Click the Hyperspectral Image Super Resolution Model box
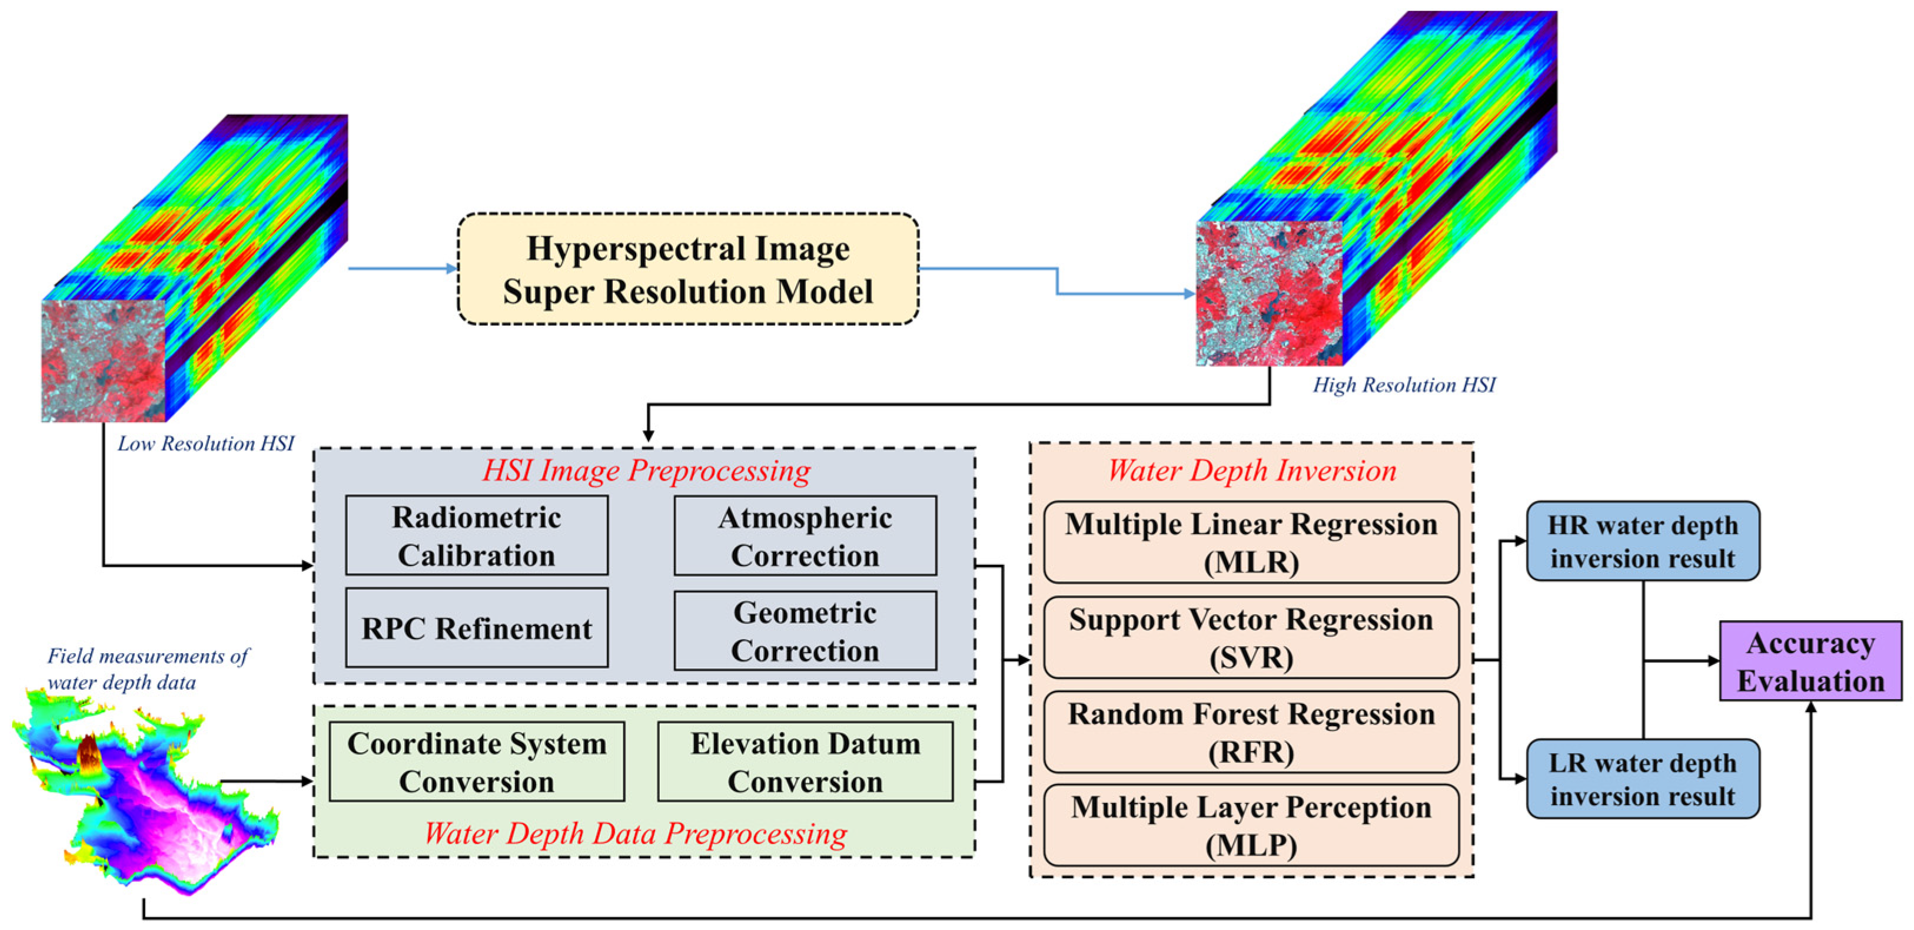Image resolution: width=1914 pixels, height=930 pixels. tap(688, 269)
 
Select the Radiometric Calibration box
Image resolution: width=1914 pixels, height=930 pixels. tap(476, 536)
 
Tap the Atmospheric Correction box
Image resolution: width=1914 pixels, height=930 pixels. tap(805, 536)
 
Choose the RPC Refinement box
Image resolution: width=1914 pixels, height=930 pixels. tap(476, 628)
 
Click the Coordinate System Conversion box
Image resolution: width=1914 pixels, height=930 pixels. tap(476, 762)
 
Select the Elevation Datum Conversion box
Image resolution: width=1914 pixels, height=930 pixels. tap(805, 762)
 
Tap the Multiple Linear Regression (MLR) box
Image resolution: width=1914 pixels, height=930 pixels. tap(1251, 542)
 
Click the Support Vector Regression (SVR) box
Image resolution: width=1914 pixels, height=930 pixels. tap(1251, 638)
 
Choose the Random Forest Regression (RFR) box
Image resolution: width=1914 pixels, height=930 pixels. tap(1251, 732)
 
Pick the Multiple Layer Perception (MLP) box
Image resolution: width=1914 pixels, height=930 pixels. tap(1251, 826)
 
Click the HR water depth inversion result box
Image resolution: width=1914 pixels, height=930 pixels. tap(1643, 541)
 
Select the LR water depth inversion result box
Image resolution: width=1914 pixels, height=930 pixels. tap(1643, 779)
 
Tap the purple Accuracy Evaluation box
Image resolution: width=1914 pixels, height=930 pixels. tap(1811, 661)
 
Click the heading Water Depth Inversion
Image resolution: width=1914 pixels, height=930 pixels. tap(1252, 471)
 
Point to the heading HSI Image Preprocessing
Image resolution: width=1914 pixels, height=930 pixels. tap(646, 471)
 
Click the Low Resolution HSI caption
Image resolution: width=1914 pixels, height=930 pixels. tap(206, 444)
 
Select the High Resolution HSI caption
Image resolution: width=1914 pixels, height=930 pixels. tap(1404, 385)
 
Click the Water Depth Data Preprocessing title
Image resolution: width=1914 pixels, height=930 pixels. tap(635, 833)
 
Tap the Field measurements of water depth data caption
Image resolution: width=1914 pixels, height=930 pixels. tap(147, 669)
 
